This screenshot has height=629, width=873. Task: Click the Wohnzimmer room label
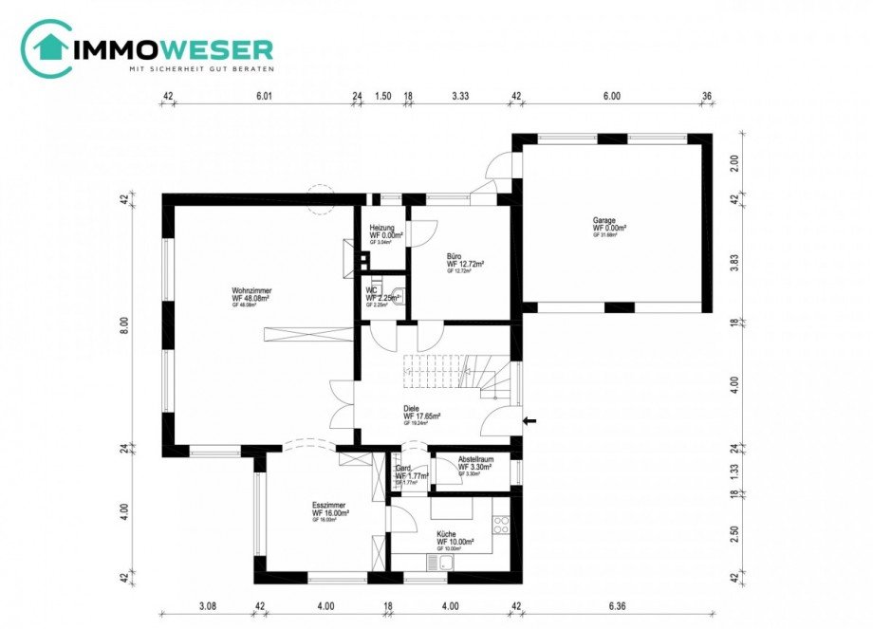pos(251,290)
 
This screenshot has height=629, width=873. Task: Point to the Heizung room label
pos(381,228)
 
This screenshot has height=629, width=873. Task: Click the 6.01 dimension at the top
pos(264,96)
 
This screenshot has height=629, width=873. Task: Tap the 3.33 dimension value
pos(461,96)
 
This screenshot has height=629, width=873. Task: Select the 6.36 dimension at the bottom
pos(616,605)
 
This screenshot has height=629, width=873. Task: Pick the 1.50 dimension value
pos(383,96)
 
